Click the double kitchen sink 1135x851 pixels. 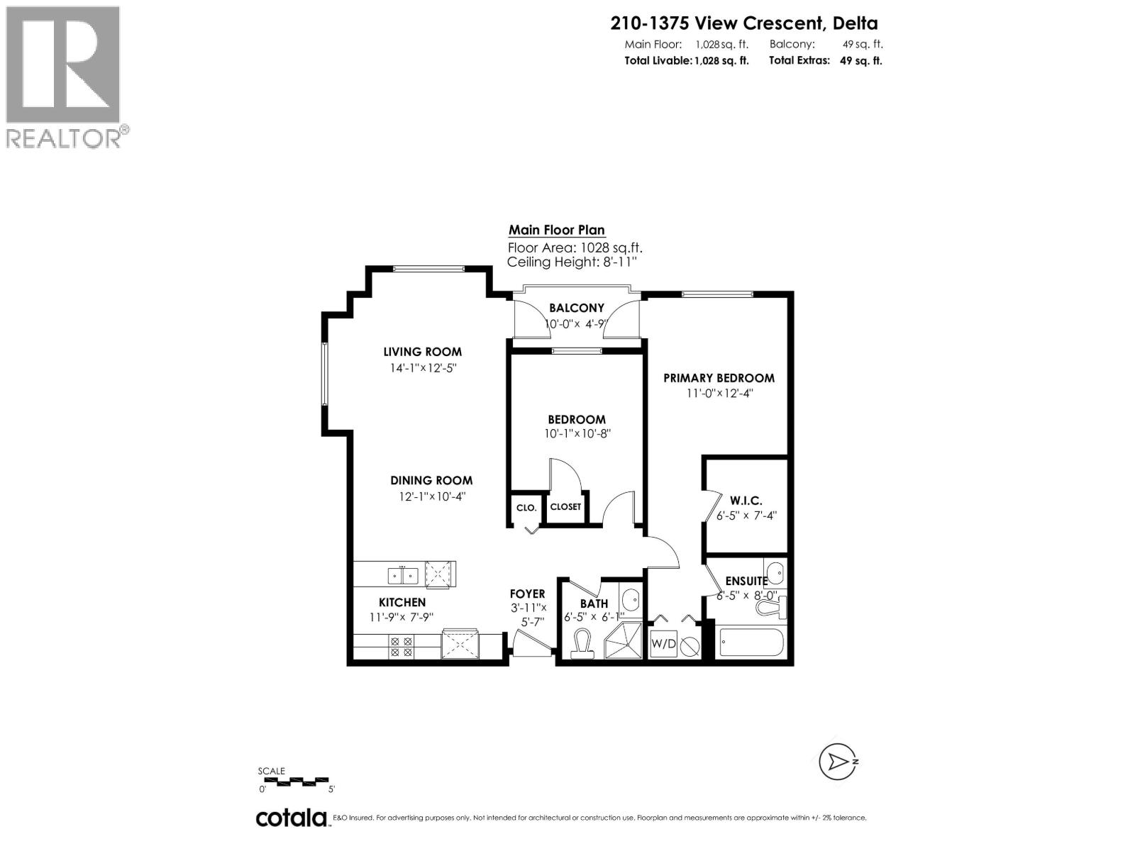click(403, 575)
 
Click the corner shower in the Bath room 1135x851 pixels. click(622, 642)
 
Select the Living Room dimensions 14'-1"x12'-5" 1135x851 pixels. click(423, 368)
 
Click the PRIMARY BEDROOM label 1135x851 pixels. click(719, 378)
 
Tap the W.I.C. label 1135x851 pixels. click(746, 501)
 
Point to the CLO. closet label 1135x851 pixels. click(526, 508)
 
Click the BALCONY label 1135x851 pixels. click(577, 308)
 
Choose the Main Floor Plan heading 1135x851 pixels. click(557, 230)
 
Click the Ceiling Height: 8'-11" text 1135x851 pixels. click(572, 262)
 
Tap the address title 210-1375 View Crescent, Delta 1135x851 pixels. click(744, 23)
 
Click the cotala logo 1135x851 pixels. click(291, 818)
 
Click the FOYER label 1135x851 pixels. click(527, 594)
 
